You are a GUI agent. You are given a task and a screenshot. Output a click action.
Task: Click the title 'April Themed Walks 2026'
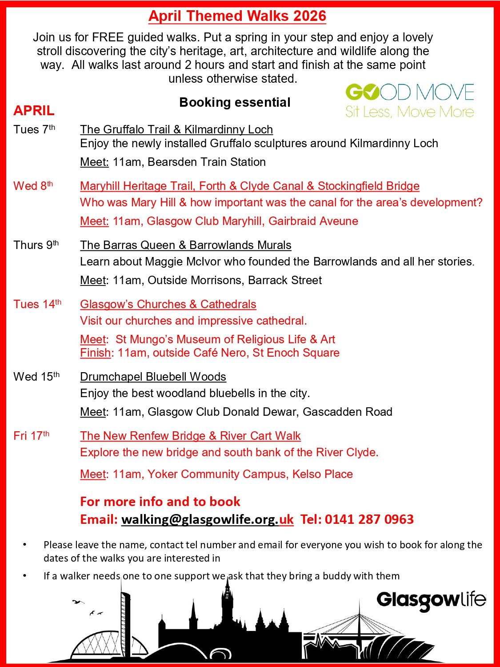pos(237,16)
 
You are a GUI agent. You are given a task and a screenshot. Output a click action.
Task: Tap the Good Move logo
pos(409,100)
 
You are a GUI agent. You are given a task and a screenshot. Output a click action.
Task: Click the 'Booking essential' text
pos(235,102)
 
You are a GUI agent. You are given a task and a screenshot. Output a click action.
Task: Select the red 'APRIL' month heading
pos(34,110)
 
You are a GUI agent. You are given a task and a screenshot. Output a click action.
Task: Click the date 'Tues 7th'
pos(34,129)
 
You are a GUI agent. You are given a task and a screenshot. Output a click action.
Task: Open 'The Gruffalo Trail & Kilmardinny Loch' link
pos(176,129)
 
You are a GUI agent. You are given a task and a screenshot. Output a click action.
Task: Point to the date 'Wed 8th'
pos(33,186)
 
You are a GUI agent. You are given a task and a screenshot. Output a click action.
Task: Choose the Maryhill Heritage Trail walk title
pos(249,186)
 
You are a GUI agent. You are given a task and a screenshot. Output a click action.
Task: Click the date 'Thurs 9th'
pos(36,245)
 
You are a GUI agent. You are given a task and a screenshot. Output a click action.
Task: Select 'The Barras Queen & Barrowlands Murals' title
pos(185,245)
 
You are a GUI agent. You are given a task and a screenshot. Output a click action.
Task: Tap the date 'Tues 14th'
pos(37,304)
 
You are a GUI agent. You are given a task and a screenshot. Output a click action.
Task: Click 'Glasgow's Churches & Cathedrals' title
pos(168,304)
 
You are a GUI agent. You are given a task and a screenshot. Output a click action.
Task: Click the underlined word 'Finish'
pos(95,353)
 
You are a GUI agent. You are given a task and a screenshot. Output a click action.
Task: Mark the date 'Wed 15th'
pos(36,377)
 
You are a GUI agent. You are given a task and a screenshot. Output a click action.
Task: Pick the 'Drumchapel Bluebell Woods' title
pos(153,377)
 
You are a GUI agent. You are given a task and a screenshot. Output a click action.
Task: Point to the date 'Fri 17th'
pos(31,436)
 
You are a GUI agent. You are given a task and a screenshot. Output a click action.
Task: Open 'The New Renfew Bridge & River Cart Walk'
pos(190,436)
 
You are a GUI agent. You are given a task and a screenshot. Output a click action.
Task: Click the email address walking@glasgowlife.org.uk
pos(207,519)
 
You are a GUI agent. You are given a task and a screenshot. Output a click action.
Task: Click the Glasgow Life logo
pos(431,600)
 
